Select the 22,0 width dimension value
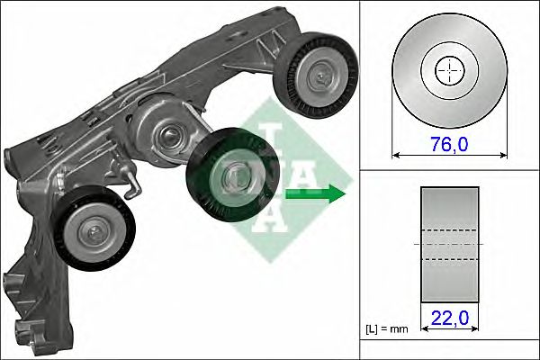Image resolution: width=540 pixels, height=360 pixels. [x=449, y=317]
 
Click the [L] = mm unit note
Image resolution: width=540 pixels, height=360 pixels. [x=387, y=329]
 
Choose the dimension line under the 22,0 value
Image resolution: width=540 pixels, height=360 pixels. [x=449, y=330]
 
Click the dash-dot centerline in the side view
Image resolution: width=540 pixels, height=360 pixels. [x=449, y=243]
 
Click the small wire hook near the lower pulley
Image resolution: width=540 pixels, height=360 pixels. [x=133, y=184]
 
